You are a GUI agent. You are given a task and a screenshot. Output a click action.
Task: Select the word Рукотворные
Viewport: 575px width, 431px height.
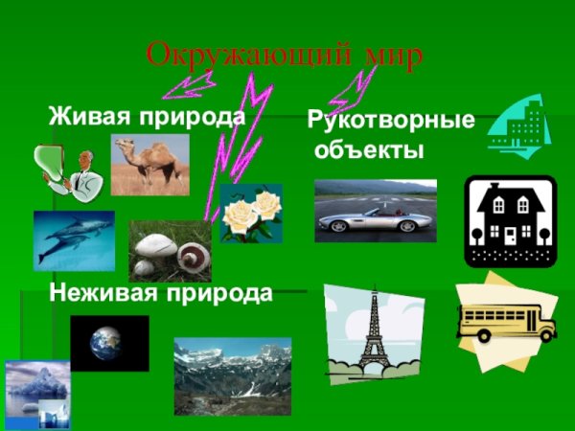pos(390,122)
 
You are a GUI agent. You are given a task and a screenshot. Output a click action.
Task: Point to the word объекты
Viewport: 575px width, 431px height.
pos(368,150)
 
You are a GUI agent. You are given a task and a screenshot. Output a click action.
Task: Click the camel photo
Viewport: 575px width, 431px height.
pos(149,164)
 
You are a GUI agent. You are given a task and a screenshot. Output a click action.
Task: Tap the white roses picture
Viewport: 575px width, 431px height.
pos(251,213)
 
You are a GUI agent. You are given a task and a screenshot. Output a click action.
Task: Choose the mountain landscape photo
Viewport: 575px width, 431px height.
pos(232,374)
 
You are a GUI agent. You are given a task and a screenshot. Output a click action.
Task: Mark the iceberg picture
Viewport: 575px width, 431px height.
pos(36,393)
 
